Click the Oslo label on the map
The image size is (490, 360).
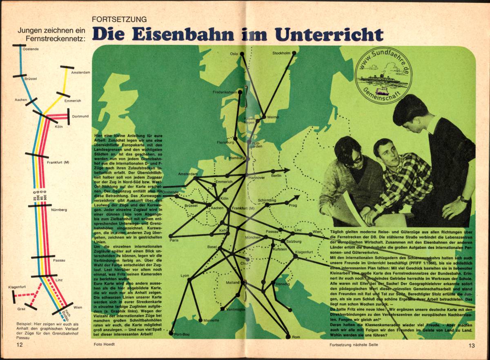[234, 54]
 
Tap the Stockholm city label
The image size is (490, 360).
[281, 53]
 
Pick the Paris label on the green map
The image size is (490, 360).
[174, 241]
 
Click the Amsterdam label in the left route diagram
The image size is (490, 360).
[80, 73]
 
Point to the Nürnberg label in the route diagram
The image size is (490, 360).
[59, 210]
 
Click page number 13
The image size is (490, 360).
[472, 346]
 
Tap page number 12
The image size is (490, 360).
[20, 345]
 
